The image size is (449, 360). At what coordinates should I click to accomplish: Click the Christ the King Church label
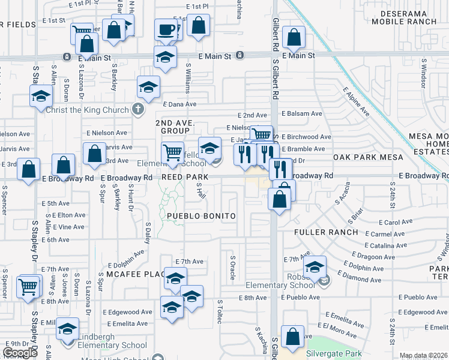[91, 110]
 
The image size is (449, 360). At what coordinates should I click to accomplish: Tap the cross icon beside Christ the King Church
[138, 109]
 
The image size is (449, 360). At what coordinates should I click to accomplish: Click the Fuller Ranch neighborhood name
[326, 232]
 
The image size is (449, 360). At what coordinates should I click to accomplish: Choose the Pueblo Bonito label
[200, 215]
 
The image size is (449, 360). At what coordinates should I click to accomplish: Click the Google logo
[20, 353]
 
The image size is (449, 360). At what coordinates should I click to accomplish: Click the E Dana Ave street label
[180, 104]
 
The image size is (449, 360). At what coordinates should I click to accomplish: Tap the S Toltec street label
[220, 312]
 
